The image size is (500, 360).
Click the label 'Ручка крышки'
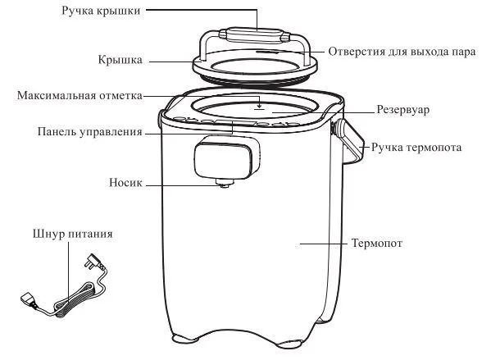click(101, 11)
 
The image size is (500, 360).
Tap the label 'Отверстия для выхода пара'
click(402, 52)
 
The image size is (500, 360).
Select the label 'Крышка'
click(120, 60)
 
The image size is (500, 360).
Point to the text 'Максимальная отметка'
click(80, 95)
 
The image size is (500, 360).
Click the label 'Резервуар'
click(403, 109)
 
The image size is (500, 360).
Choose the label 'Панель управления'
click(89, 132)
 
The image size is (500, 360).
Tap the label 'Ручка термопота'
click(416, 148)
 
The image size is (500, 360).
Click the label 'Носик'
click(125, 183)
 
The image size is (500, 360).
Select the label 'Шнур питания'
click(73, 234)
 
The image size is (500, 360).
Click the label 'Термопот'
click(377, 244)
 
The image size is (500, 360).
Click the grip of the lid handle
click(253, 34)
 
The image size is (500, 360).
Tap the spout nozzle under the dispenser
click(225, 183)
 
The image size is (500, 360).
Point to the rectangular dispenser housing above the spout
click(227, 157)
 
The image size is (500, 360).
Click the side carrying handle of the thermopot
click(348, 141)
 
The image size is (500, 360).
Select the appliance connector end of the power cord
click(29, 299)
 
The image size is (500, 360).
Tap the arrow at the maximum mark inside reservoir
click(260, 103)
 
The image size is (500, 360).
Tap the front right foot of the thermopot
click(289, 344)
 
